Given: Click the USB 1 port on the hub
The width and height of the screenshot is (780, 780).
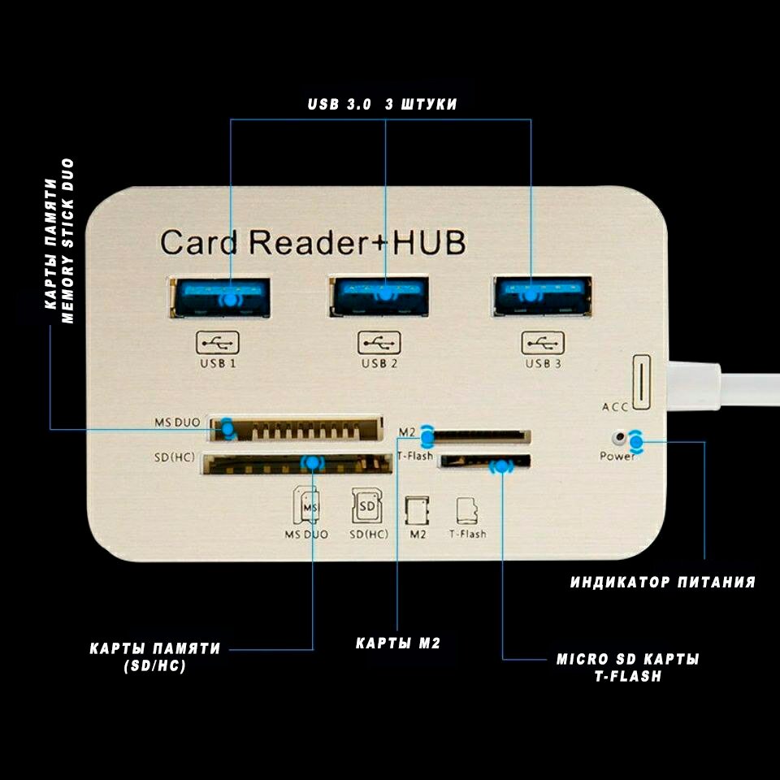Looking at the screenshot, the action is click(x=220, y=297).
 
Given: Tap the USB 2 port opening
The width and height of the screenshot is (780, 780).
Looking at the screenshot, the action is click(x=379, y=297).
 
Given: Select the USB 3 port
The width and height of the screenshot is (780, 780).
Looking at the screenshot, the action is click(x=543, y=296).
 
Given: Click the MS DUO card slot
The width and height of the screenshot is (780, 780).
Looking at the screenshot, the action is click(x=297, y=429).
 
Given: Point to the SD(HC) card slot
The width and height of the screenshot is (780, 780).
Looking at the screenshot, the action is click(x=297, y=464).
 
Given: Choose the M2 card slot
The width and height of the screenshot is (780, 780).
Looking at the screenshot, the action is click(x=479, y=437).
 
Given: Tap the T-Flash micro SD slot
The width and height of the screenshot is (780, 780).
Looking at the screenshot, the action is click(x=484, y=461).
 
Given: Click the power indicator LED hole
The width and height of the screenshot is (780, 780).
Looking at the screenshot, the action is click(x=619, y=438).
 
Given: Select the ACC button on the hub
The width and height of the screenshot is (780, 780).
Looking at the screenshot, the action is click(x=641, y=382).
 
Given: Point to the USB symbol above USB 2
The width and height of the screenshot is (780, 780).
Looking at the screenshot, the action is click(x=379, y=343).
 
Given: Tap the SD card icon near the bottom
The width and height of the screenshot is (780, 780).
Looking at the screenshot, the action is click(x=367, y=506).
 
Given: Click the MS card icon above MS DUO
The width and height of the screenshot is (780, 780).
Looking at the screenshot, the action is click(x=306, y=505).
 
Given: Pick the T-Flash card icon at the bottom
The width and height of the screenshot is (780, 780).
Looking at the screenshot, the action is click(x=467, y=510).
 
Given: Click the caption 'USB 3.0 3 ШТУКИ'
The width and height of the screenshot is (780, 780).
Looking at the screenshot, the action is click(x=382, y=104).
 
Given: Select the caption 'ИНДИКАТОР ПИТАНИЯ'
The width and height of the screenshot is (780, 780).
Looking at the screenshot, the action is click(x=663, y=582).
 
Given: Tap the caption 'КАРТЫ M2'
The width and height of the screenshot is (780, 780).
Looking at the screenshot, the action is click(x=398, y=643).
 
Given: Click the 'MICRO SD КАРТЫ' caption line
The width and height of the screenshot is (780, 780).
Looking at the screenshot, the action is click(x=628, y=659).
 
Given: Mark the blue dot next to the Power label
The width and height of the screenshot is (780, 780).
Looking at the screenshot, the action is click(x=635, y=441).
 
